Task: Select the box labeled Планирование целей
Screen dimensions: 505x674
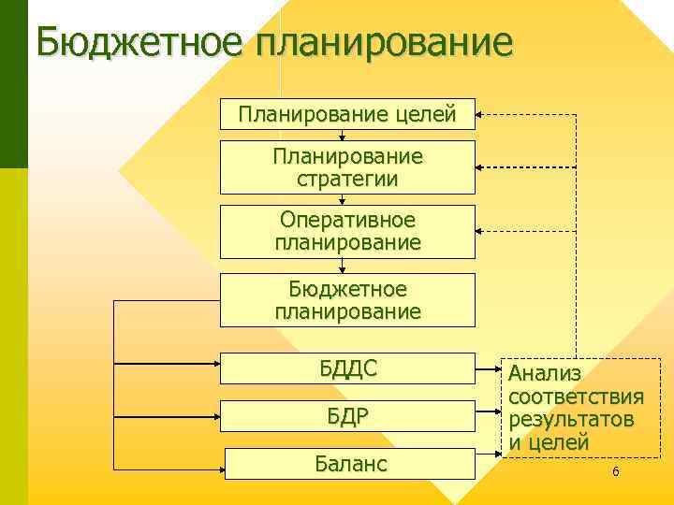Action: tap(347, 115)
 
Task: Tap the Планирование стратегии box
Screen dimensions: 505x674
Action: tap(347, 166)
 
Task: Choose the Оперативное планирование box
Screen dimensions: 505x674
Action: tap(347, 231)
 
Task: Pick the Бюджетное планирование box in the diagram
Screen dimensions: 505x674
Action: tap(347, 299)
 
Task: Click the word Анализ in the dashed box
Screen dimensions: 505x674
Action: tap(545, 374)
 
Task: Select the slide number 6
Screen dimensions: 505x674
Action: tap(615, 472)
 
